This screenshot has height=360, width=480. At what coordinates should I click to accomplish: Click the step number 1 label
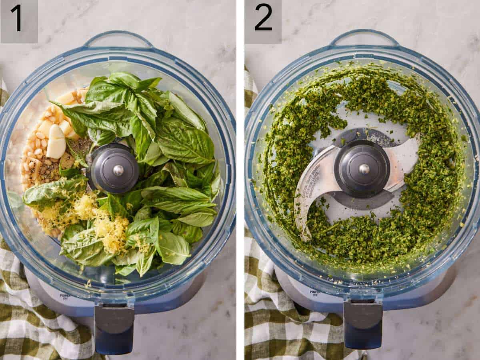[17, 18]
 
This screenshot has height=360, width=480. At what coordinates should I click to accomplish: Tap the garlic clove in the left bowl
[56, 142]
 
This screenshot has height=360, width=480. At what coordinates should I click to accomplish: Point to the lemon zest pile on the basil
[110, 232]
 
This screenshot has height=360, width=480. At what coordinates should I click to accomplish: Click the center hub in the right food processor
[362, 168]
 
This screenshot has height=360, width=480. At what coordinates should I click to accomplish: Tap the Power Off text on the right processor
[314, 294]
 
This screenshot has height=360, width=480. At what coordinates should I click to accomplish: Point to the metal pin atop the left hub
[118, 170]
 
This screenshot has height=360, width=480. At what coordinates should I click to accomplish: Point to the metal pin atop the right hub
[364, 169]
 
